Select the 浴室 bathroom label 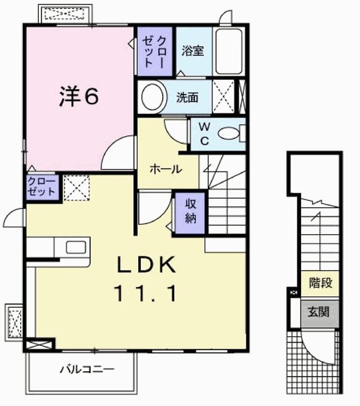coord(193,51)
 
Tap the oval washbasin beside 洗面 coord(152,98)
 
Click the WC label coord(204,134)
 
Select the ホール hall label coord(166,169)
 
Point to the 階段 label coord(321,282)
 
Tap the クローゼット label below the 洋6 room coord(42,187)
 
